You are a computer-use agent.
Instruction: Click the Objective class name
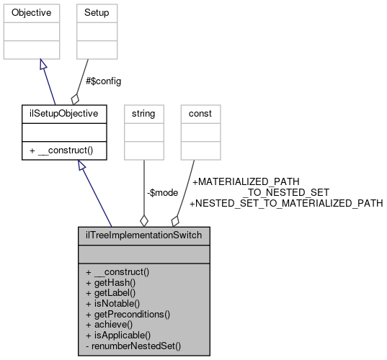click(30, 13)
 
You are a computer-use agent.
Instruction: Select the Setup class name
click(97, 13)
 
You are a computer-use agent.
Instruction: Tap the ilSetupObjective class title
click(64, 113)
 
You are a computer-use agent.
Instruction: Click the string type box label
click(144, 113)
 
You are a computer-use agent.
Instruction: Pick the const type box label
click(200, 113)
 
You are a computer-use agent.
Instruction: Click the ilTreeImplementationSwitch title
click(144, 235)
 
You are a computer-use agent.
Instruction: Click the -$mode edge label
click(163, 192)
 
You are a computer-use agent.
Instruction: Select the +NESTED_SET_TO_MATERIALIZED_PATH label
click(285, 204)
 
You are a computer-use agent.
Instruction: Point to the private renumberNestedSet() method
click(133, 346)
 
